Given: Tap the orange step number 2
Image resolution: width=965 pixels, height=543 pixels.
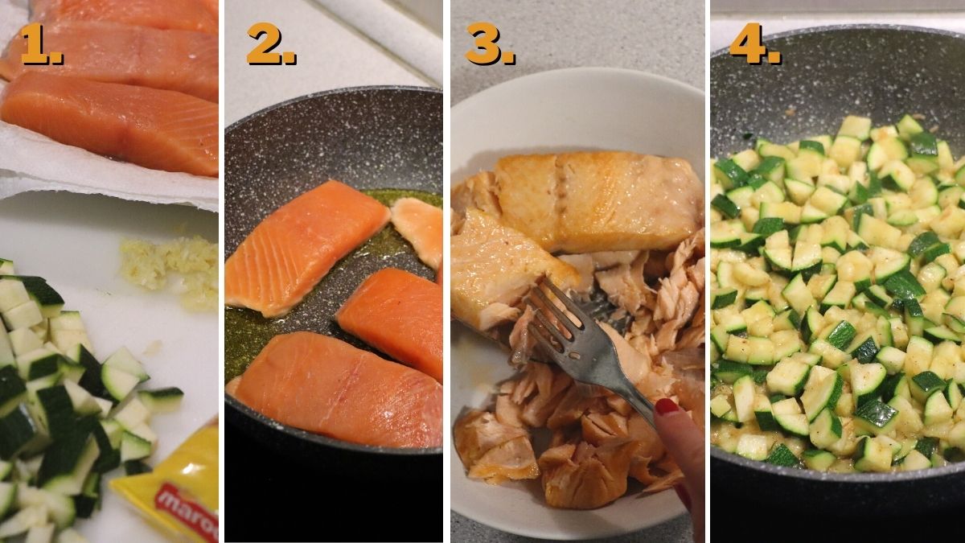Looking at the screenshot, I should click(x=270, y=45).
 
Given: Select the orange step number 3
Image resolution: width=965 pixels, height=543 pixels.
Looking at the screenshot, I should click(x=489, y=45).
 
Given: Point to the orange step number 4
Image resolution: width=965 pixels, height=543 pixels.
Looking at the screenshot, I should click(x=754, y=45).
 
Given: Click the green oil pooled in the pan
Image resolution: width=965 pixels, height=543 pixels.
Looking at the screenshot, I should click(x=241, y=338).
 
